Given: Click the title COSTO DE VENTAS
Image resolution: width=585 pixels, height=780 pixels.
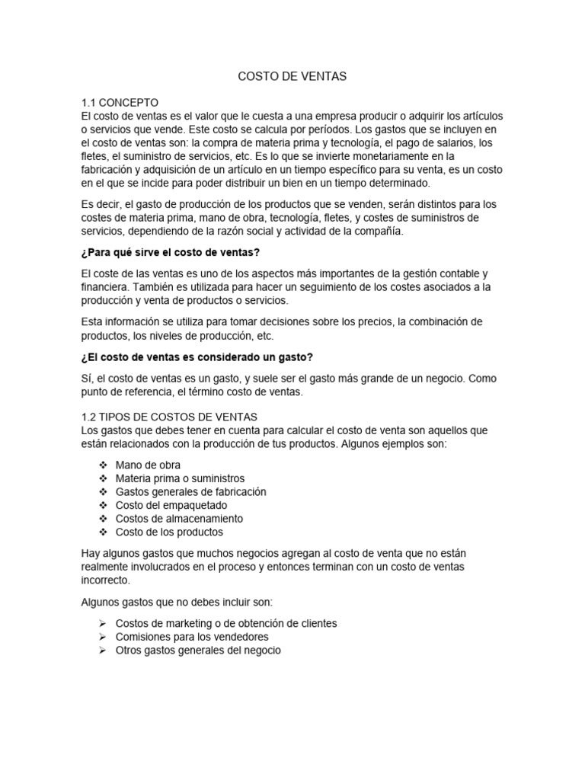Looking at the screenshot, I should point(292,76).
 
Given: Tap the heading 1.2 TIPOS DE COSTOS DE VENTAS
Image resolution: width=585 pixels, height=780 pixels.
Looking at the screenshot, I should point(169,417).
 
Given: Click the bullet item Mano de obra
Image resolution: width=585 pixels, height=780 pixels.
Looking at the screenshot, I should point(148,465).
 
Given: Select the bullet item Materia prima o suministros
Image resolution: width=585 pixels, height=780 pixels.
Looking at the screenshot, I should point(180,478).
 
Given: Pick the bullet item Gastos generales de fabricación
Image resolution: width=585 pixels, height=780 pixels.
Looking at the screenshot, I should point(190,491).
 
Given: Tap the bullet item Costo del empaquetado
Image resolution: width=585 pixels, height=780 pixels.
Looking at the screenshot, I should point(171,505).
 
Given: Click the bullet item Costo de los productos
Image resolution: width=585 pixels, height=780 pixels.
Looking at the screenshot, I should point(169,532).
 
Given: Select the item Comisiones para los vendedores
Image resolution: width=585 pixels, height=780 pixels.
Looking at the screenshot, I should point(192,637).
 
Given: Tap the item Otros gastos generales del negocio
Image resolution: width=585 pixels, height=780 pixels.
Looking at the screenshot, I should point(198,651).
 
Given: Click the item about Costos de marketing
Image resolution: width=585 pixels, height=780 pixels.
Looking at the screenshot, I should point(225,623).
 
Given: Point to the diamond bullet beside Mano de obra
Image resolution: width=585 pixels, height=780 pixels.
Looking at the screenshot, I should point(103,465).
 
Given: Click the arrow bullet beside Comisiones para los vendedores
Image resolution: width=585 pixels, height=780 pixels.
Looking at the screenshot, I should point(103,637).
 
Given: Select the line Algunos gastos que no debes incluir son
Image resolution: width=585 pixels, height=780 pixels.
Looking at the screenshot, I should point(171,602).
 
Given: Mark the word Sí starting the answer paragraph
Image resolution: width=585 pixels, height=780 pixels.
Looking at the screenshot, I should point(86,379).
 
